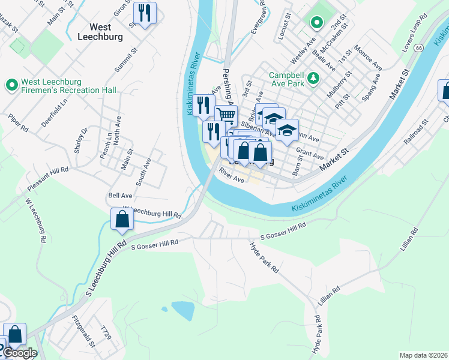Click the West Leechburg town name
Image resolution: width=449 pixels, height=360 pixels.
click(x=100, y=31)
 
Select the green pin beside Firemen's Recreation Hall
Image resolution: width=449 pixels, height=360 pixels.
click(x=11, y=85)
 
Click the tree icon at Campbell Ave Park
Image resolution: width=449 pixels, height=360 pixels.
click(x=312, y=79)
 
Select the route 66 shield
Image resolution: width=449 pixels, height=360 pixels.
click(x=418, y=47)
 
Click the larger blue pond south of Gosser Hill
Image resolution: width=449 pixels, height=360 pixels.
click(x=183, y=310)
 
